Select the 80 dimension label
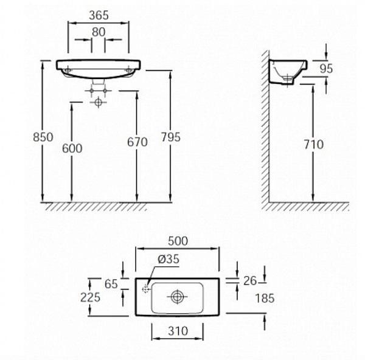pos(98,31)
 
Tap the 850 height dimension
pos(42,137)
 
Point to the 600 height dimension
pos(72,148)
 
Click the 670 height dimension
pos(137,142)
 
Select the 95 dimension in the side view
pos(326,69)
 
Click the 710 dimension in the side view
pos(313,145)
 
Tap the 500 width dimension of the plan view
pos(177,240)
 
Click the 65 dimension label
pos(111,283)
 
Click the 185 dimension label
pos(265,298)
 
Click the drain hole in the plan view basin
pos(177,297)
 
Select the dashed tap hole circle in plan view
pos(146,289)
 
